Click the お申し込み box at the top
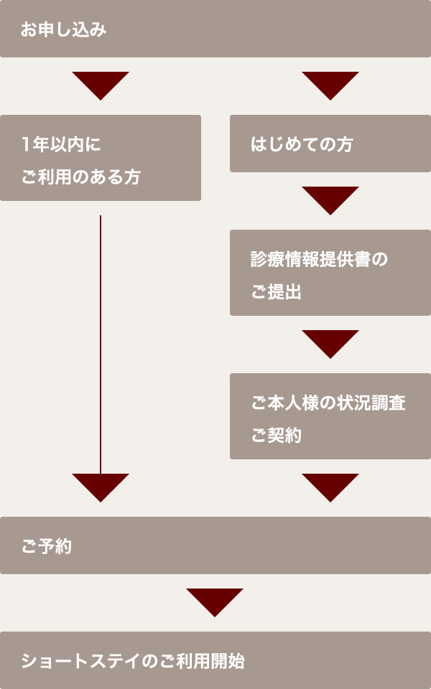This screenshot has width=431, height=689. click(215, 29)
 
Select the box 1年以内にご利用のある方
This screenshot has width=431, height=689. click(101, 158)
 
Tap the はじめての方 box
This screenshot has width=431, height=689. click(330, 144)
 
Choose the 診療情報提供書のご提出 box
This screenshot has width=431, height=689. click(330, 273)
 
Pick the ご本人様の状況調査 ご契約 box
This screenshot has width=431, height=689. click(330, 416)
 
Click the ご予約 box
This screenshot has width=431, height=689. click(215, 545)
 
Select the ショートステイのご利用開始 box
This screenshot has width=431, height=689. click(215, 660)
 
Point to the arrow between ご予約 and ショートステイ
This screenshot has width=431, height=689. click(215, 601)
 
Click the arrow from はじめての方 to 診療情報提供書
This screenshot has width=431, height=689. click(330, 199)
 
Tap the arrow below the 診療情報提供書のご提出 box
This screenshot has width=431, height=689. click(330, 342)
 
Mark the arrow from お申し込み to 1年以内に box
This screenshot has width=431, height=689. click(101, 84)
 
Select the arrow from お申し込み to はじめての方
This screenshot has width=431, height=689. click(330, 84)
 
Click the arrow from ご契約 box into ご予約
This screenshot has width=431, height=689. click(330, 486)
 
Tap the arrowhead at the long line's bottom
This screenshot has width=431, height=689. click(101, 486)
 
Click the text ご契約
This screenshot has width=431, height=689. click(276, 436)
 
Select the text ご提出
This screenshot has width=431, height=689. click(276, 292)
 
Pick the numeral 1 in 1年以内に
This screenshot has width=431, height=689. click(26, 144)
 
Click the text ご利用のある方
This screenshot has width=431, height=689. click(80, 177)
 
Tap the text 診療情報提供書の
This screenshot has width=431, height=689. click(319, 259)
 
